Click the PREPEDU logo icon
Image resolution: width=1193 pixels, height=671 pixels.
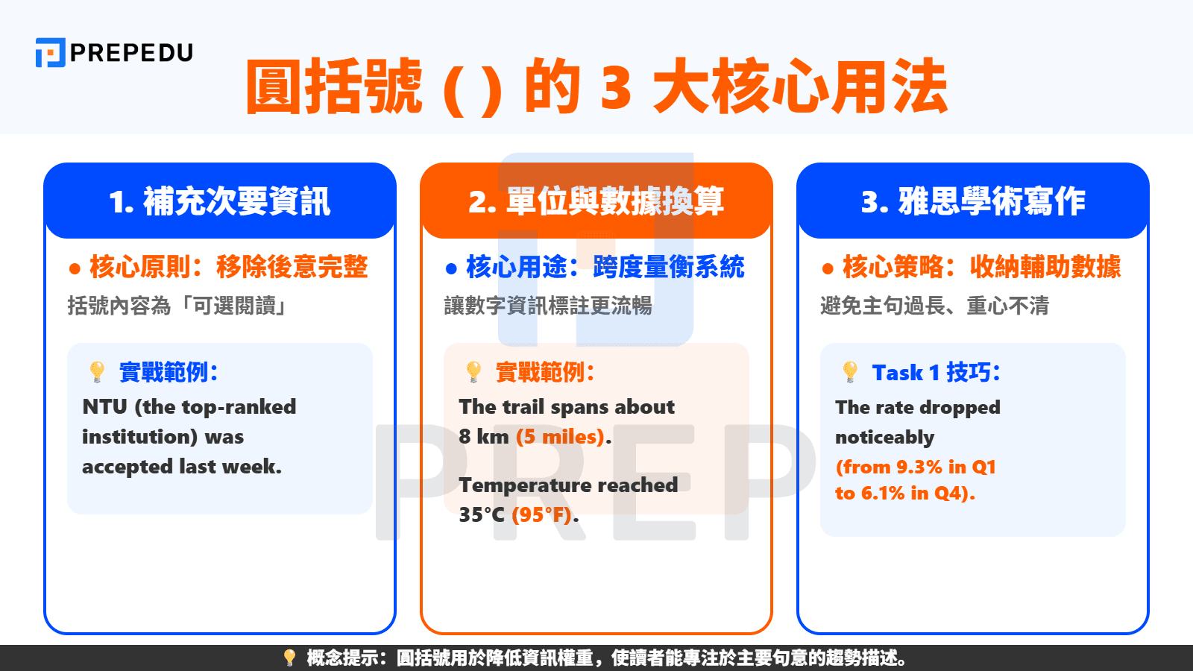[x=50, y=52]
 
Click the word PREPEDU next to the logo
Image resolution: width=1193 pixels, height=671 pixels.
[x=131, y=53]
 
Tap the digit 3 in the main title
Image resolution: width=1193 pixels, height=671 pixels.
[x=616, y=87]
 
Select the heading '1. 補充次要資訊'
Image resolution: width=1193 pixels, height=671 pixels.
[x=219, y=201]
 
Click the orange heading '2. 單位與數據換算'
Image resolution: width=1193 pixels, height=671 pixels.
[x=596, y=201]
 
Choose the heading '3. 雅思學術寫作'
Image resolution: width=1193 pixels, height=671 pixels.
[x=972, y=201]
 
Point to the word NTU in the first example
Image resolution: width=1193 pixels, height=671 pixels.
[x=104, y=407]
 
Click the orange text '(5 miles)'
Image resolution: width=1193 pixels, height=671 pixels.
[x=560, y=437]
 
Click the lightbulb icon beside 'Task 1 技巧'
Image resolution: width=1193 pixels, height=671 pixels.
[x=850, y=371]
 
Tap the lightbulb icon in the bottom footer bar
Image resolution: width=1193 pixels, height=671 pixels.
[x=289, y=658]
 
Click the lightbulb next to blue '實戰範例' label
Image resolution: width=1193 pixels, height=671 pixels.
[x=97, y=371]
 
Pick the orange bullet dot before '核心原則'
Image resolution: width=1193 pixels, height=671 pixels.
[x=75, y=268]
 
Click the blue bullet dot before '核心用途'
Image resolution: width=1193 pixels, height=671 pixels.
[x=451, y=268]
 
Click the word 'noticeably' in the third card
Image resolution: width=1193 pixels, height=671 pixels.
[x=884, y=438]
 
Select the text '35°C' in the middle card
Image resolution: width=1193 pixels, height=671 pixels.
[x=482, y=514]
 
